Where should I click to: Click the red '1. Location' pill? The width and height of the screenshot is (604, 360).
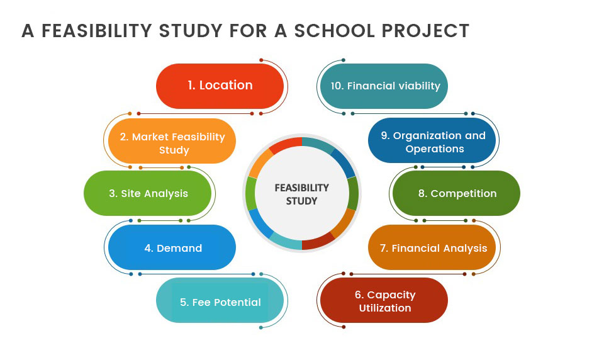[220, 86]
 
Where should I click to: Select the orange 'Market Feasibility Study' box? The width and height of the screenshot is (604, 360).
[172, 141]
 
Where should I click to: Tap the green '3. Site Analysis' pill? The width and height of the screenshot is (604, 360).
[147, 193]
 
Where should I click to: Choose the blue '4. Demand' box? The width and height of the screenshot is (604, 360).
[172, 247]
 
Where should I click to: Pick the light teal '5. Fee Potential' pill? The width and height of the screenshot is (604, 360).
[220, 300]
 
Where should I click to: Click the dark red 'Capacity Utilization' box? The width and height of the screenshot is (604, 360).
[384, 300]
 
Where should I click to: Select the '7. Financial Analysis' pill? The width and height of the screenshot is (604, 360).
[432, 247]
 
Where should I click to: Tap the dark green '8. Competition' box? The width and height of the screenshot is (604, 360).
[457, 193]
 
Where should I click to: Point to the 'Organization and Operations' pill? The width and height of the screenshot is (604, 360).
[432, 141]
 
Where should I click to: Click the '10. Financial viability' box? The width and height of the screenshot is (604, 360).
[384, 86]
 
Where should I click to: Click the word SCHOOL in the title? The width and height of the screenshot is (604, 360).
[335, 31]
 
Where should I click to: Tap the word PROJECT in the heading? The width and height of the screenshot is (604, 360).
[425, 31]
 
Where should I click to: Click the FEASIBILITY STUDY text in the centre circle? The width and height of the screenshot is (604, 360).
[301, 194]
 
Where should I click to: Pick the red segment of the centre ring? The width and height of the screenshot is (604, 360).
[286, 145]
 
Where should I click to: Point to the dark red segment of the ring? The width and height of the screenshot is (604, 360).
[318, 241]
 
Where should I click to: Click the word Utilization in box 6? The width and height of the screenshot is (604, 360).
[385, 308]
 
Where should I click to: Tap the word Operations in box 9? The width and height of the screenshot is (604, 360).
[435, 149]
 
